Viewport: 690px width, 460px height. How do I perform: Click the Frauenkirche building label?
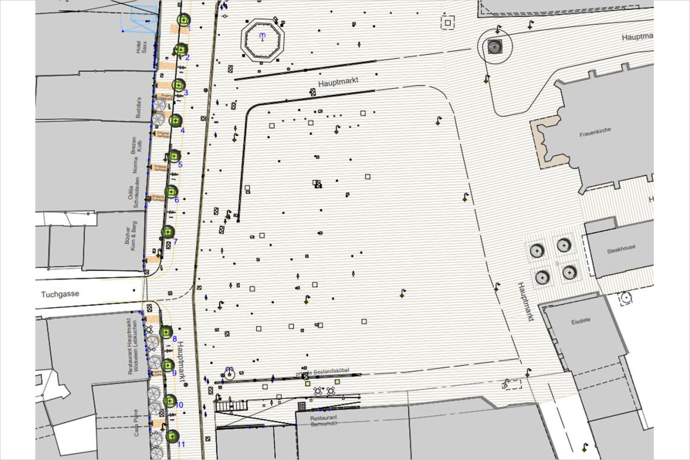point(595,135)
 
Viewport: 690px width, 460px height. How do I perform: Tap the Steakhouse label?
point(621,247)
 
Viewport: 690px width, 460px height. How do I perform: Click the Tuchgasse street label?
point(60,294)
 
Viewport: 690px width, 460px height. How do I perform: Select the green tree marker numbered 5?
point(174,156)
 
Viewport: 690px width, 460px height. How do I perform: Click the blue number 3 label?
point(185,93)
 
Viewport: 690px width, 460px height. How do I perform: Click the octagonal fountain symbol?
point(262,38)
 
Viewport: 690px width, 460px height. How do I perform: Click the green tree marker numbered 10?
point(171,401)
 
